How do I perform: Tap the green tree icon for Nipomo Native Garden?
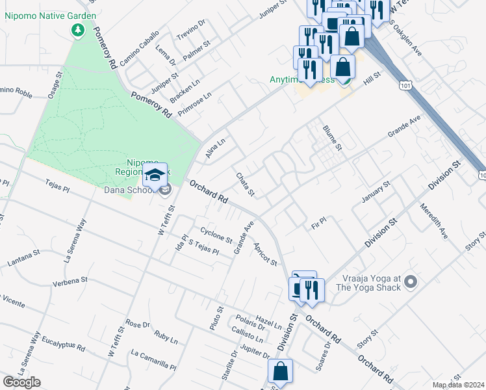[x=77, y=30]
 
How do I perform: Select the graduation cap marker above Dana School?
[x=155, y=175]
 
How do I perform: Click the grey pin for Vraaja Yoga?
[x=409, y=281]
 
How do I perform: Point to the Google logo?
[x=21, y=382]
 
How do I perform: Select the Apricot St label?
[x=266, y=253]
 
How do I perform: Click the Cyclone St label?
[x=216, y=235]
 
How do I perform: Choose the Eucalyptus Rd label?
[x=63, y=343]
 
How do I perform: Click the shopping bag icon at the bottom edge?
[x=280, y=372]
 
